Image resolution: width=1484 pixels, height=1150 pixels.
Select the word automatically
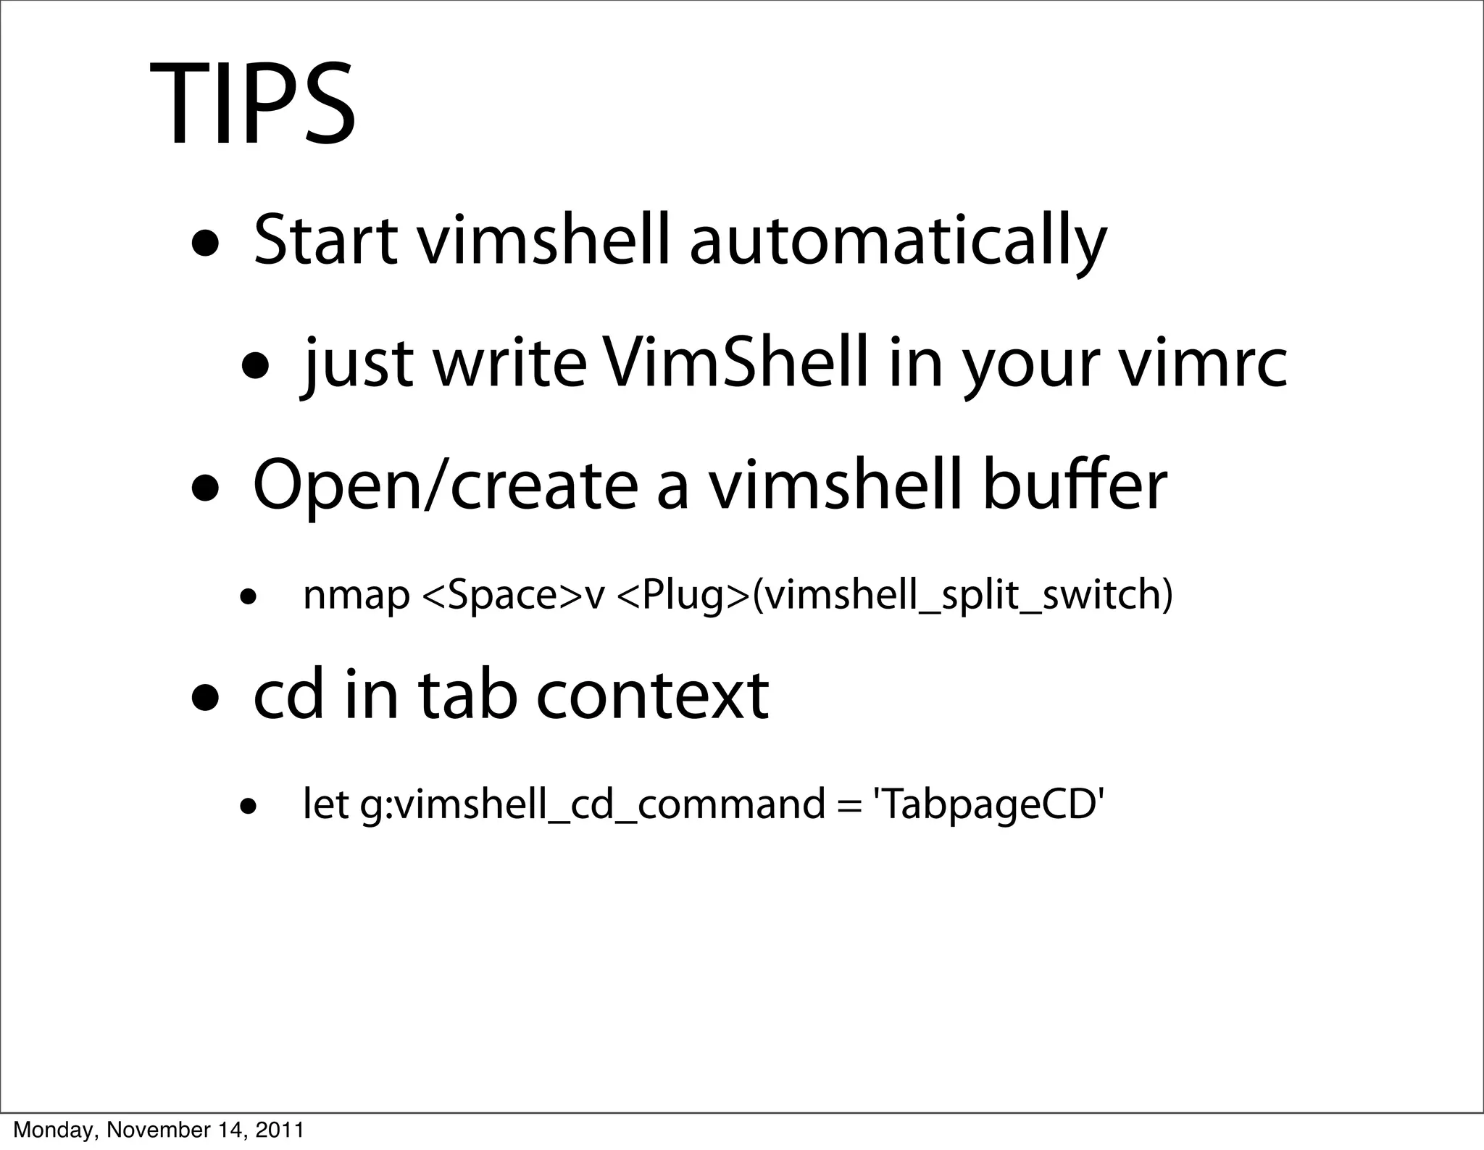pos(898,241)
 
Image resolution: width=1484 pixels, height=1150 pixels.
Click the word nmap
pos(356,595)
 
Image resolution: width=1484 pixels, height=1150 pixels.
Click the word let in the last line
pos(325,804)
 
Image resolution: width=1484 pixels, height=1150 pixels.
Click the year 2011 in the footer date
pos(279,1129)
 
